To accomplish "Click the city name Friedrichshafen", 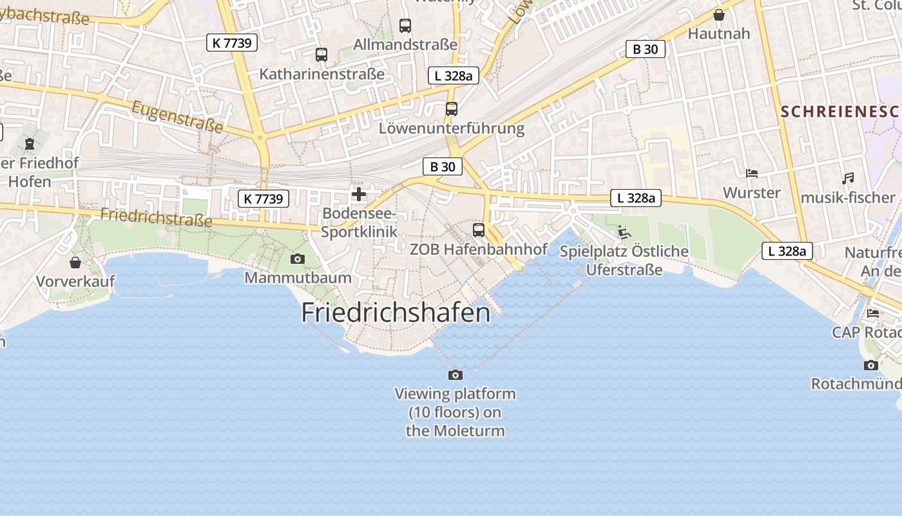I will click(x=396, y=313).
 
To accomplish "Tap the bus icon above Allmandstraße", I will click(x=405, y=26).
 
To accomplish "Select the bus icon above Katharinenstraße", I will click(x=321, y=55).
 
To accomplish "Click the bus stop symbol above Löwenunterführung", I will click(x=452, y=109).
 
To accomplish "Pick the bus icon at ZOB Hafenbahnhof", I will click(x=479, y=230).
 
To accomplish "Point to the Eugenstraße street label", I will click(x=177, y=117).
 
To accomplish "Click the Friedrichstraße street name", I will click(x=157, y=217).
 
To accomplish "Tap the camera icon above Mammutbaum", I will click(x=297, y=259).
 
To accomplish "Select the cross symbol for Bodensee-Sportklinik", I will click(x=359, y=193).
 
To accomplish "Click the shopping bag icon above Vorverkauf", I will click(x=75, y=263).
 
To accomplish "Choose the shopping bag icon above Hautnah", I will click(x=719, y=14).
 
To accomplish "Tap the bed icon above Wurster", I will click(x=751, y=174).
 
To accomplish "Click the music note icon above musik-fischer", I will click(x=848, y=179).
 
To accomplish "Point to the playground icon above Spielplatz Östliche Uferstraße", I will click(x=624, y=232).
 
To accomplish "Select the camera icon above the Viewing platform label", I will click(x=456, y=375).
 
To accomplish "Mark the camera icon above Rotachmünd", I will click(x=871, y=365).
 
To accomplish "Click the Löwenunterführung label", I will click(x=452, y=128).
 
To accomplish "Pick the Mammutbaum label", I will click(x=298, y=278).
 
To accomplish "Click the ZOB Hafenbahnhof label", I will click(x=479, y=249).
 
